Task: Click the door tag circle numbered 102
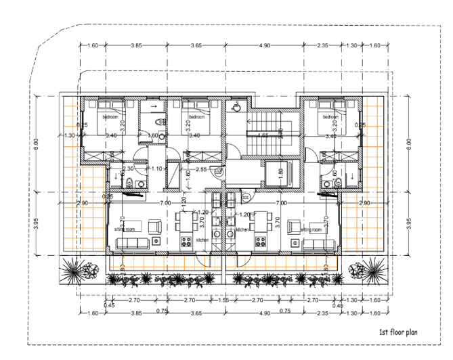click(218, 173)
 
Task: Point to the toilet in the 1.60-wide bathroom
click(158, 122)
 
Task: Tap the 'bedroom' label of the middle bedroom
click(196, 117)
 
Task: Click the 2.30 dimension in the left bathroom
click(129, 168)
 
